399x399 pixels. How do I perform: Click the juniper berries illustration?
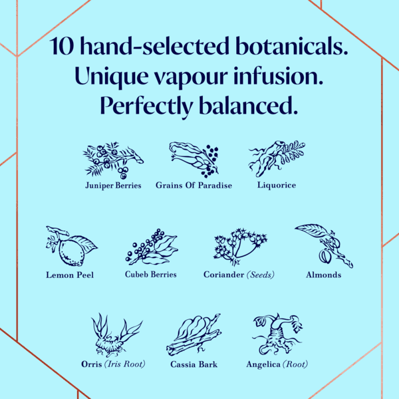point(113,160)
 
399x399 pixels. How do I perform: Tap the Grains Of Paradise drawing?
point(194,160)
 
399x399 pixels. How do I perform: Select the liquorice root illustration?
point(277,158)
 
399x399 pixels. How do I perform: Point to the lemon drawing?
point(72,246)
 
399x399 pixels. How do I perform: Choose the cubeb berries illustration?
point(152,247)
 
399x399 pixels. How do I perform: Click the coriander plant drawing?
point(240,246)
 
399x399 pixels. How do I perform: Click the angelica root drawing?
point(277,334)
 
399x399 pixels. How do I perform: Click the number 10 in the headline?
point(62,46)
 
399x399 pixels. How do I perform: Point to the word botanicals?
point(292,45)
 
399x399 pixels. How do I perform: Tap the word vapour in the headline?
point(191,77)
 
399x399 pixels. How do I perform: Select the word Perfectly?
point(146,106)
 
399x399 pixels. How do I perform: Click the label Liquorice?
point(277,185)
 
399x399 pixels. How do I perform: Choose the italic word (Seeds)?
point(261,275)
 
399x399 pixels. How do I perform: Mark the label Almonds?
point(324,275)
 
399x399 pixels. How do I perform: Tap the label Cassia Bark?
point(194,364)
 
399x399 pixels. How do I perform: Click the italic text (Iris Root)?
point(125,364)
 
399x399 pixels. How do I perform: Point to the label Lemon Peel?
point(70,275)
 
